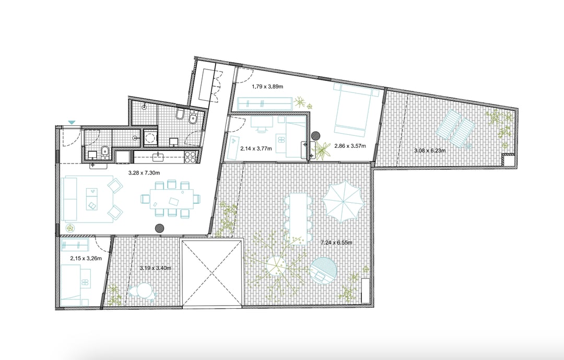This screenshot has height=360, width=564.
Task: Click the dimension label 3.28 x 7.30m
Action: [144, 173]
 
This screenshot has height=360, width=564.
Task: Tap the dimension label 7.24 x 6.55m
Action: [336, 242]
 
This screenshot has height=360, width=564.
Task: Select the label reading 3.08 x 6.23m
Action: [430, 150]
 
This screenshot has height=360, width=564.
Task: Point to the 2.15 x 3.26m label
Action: [86, 258]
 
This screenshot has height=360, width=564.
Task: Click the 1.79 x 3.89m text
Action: [267, 86]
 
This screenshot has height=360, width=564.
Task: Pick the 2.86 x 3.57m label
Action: [350, 146]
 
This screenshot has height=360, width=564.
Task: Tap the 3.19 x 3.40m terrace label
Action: [156, 268]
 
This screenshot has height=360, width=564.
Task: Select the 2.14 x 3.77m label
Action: [256, 148]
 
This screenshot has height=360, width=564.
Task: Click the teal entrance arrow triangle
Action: [72, 123]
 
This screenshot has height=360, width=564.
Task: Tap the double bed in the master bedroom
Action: [352, 108]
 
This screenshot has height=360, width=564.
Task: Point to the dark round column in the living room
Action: [159, 227]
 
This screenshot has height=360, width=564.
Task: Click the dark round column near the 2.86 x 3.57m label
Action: [316, 136]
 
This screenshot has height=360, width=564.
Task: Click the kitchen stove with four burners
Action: [191, 156]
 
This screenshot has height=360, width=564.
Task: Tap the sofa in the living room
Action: [70, 199]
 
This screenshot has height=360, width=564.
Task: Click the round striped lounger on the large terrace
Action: [323, 271]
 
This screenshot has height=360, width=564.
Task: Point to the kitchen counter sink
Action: [159, 156]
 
